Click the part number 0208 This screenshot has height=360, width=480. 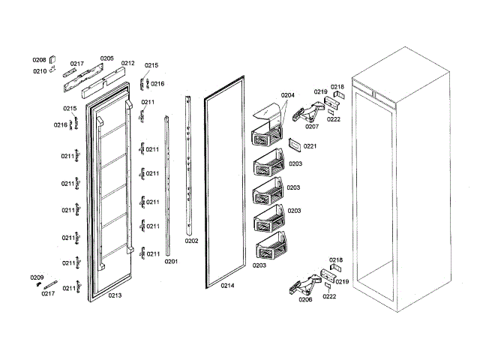pos(39,59)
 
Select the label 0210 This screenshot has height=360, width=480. pos(39,71)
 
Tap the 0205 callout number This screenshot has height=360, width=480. pos(106,58)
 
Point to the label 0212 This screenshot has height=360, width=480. pos(127,64)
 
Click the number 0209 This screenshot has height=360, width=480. pos(36,277)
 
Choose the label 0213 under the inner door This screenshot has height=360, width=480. pos(115,295)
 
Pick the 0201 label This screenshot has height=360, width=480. pos(171,261)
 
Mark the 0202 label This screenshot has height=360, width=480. pos(191,241)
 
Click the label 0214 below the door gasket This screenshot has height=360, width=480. pos(227,286)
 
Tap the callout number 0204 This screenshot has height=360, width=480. pos(288,95)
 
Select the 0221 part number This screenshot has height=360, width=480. pos(310,146)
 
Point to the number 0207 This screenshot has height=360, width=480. pos(312,126)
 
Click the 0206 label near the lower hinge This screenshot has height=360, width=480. pos(304,299)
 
